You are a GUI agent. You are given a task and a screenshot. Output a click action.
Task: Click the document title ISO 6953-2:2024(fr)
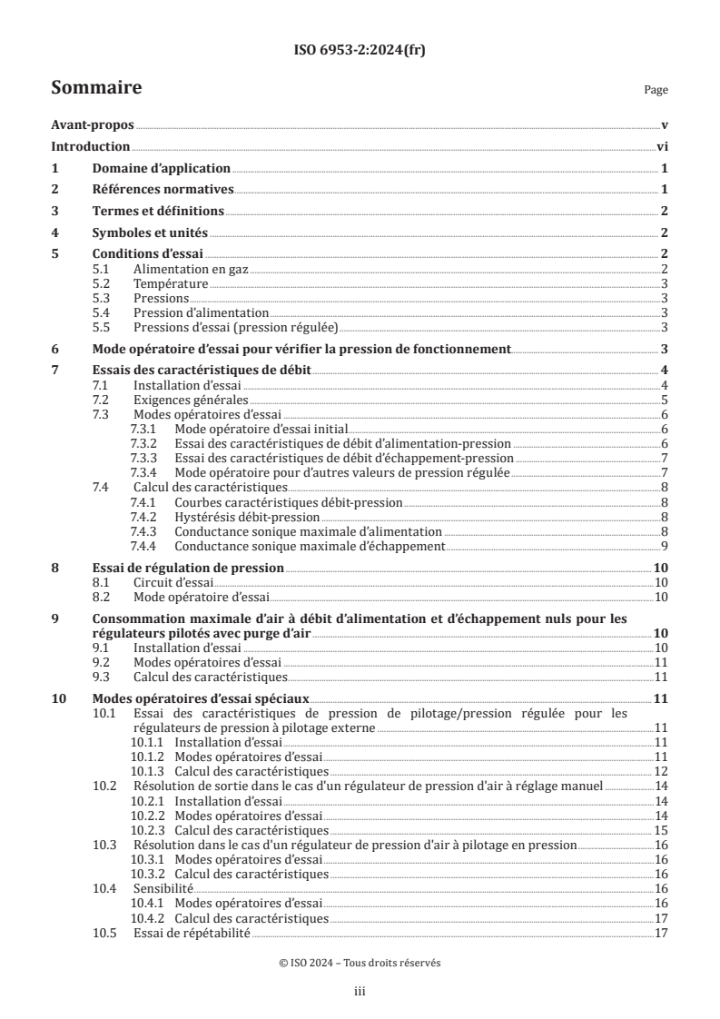coord(360,51)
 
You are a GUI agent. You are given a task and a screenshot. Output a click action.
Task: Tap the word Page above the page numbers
coord(655,90)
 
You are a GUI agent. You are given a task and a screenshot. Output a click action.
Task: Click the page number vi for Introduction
coord(662,147)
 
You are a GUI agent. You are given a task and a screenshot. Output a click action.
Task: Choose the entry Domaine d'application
coord(162,169)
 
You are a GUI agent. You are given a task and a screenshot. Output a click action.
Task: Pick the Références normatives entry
coord(163,190)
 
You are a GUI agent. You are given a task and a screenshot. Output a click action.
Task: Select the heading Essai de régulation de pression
coord(189,568)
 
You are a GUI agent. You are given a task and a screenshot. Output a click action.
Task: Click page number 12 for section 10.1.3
coord(661,771)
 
